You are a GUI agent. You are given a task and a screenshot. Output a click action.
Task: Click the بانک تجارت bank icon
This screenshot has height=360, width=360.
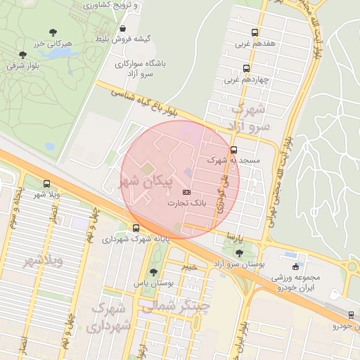tap(186, 191)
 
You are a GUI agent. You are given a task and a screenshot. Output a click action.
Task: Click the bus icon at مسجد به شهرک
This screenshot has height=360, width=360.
tap(234, 149)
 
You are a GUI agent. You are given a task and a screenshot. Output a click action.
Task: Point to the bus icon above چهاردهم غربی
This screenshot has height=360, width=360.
tap(245, 68)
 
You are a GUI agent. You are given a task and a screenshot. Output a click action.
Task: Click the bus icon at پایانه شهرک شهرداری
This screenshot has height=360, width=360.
tap(136, 228)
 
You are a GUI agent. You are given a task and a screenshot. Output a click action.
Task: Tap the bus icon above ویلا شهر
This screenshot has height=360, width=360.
tap(46, 184)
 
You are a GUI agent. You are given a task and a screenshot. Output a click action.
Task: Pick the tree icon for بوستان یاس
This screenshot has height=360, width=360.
tap(153, 273)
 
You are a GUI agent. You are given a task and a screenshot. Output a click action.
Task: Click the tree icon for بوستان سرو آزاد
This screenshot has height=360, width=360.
tap(239, 252)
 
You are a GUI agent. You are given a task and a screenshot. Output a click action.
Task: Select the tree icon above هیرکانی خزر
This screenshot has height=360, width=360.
tap(53, 32)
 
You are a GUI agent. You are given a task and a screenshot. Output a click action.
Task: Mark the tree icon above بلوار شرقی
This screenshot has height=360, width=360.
tap(22, 54)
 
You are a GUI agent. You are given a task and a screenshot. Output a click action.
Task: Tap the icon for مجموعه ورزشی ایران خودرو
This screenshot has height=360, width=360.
tap(296, 266)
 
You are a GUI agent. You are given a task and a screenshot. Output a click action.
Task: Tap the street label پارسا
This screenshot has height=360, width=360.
tap(235, 237)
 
